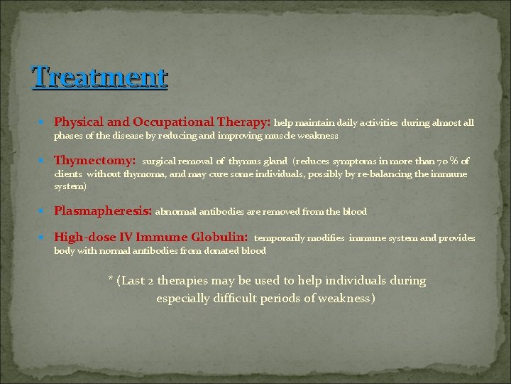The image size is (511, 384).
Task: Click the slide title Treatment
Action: coord(100,76)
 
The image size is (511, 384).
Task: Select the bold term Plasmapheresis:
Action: coord(103,211)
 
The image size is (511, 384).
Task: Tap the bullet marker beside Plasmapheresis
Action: coord(45,212)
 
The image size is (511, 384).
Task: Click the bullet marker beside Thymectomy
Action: coord(45,161)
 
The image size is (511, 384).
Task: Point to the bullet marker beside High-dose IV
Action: coord(45,238)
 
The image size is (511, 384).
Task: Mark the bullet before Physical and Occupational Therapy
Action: coord(45,123)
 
